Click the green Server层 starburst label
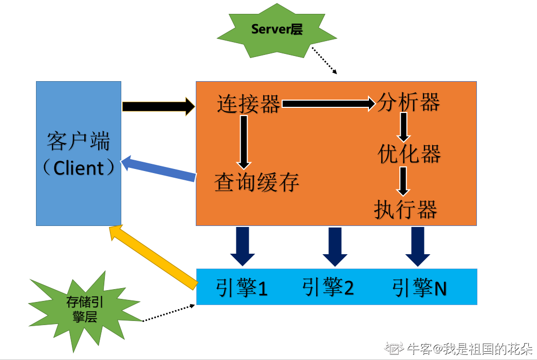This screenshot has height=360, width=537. tap(277, 30)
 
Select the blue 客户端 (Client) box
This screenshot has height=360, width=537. tap(79, 153)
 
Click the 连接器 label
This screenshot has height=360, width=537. tap(249, 104)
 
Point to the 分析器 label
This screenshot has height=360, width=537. tap(409, 103)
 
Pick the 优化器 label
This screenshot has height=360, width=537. tap(409, 154)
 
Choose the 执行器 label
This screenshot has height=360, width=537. tap(406, 210)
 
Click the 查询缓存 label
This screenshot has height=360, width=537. tap(256, 182)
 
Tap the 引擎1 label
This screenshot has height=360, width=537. tap(242, 288)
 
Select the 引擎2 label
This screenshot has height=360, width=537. tap(328, 288)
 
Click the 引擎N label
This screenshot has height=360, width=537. tap(419, 288)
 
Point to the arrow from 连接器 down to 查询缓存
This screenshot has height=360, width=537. tap(244, 141)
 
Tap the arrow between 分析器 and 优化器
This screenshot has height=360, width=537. tap(404, 126)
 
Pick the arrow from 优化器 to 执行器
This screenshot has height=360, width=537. tap(404, 181)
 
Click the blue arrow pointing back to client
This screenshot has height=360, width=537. tap(158, 169)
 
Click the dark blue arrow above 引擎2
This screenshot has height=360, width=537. tap(335, 247)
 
